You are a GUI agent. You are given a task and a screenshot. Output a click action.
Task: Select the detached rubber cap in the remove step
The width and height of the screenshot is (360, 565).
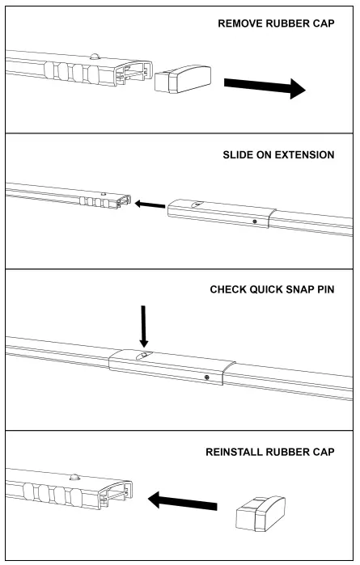(x=181, y=80)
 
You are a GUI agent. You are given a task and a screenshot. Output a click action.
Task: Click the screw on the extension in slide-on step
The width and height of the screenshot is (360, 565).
(x=254, y=221)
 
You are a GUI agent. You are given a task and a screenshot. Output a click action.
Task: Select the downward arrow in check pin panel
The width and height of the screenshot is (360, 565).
(x=143, y=327)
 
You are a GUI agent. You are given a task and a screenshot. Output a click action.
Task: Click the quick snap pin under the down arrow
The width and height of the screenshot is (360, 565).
(x=143, y=356)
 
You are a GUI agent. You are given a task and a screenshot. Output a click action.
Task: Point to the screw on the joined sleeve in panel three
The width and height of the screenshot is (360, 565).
(x=208, y=377)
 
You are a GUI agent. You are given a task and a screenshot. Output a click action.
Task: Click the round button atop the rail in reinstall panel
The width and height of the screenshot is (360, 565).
(x=74, y=479)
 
